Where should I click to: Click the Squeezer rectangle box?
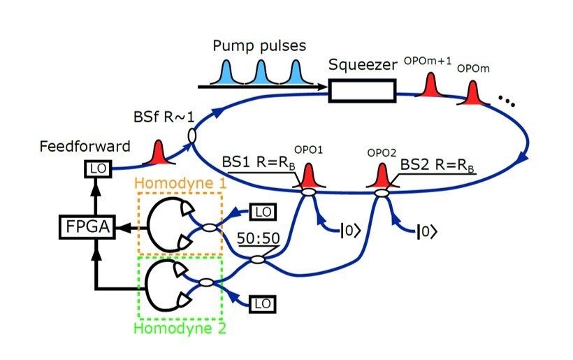pos(362,89)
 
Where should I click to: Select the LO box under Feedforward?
pos(95,168)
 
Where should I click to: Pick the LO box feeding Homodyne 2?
pos(261,303)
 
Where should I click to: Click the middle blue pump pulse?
pos(260,73)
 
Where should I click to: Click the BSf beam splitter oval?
pos(191,135)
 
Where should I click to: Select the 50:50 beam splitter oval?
pos(257,260)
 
